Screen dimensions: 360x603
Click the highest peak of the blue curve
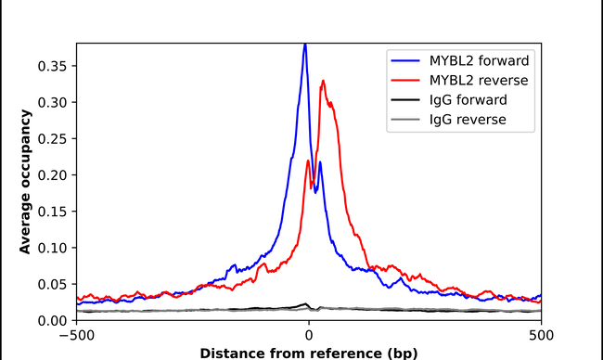pyautogui.click(x=304, y=44)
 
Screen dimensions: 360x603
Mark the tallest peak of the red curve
pyautogui.click(x=322, y=81)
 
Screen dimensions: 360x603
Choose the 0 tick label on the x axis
pyautogui.click(x=309, y=336)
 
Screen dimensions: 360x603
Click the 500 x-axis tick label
pyautogui.click(x=542, y=336)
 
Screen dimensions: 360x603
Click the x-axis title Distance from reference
pyautogui.click(x=309, y=353)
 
